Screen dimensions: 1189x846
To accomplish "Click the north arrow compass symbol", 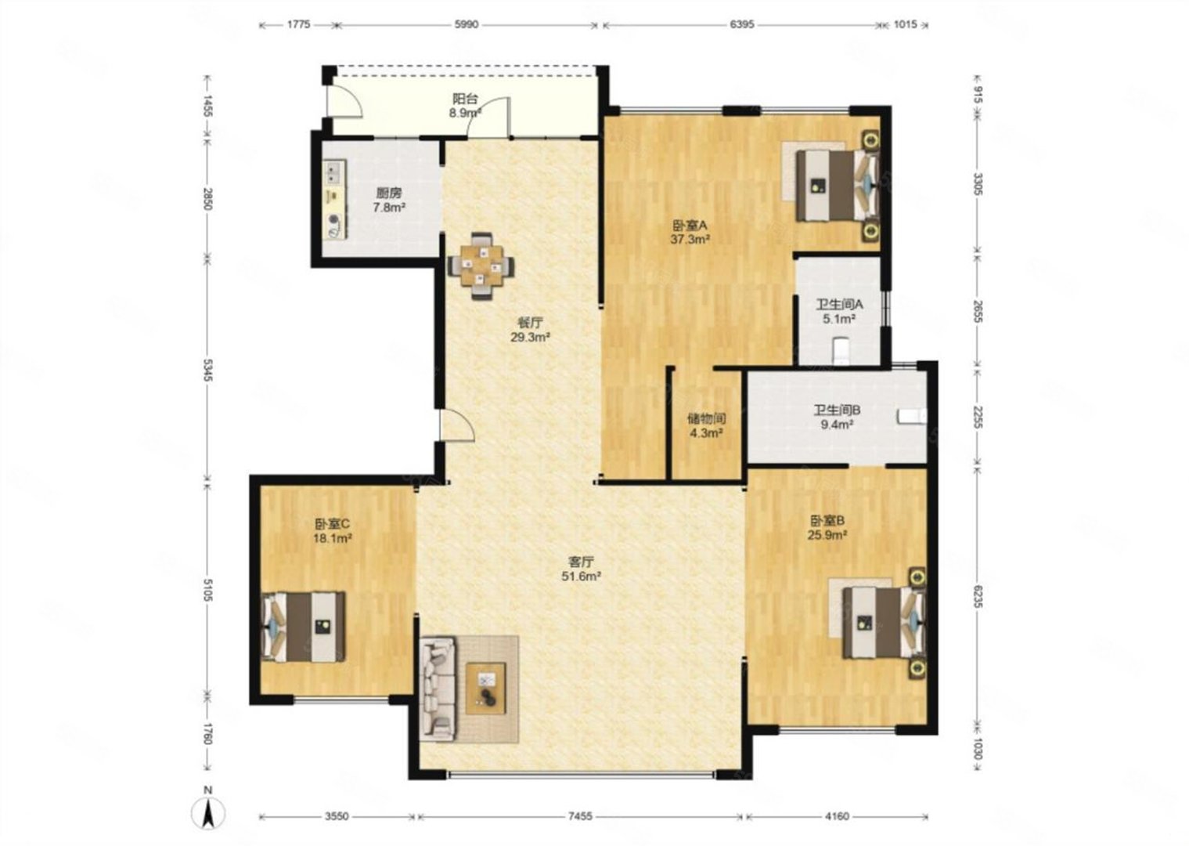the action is tap(209, 812).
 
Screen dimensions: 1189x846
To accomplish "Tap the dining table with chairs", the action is tap(481, 266).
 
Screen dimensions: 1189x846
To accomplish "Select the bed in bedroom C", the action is tap(304, 627).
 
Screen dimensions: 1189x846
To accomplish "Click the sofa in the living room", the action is tap(438, 689).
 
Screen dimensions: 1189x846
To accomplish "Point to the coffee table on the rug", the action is tap(485, 689).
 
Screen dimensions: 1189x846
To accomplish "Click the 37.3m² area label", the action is tap(690, 240).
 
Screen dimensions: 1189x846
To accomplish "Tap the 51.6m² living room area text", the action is tap(582, 577).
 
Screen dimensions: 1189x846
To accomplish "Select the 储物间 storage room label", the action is tap(707, 418).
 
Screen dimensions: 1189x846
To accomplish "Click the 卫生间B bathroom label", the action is tap(837, 410).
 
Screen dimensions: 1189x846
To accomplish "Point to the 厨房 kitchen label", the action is tap(389, 193).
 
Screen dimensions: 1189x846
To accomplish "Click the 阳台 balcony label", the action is tap(466, 99).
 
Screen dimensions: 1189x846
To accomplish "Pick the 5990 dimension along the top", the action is tap(467, 24).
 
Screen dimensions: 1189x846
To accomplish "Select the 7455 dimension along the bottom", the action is tap(580, 816).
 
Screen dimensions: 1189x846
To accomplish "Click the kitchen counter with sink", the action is tap(334, 200).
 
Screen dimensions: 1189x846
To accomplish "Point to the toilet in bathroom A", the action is tap(841, 350).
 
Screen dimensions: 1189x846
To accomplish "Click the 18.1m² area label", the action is tap(333, 538).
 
